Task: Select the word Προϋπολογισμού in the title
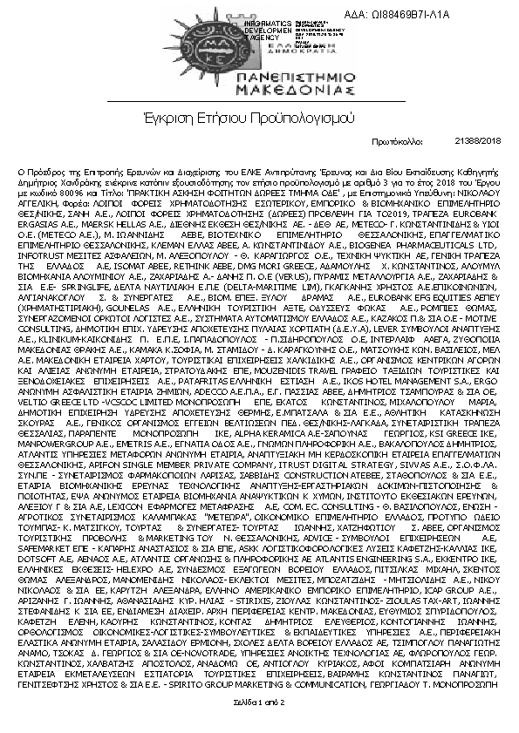point(301,116)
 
